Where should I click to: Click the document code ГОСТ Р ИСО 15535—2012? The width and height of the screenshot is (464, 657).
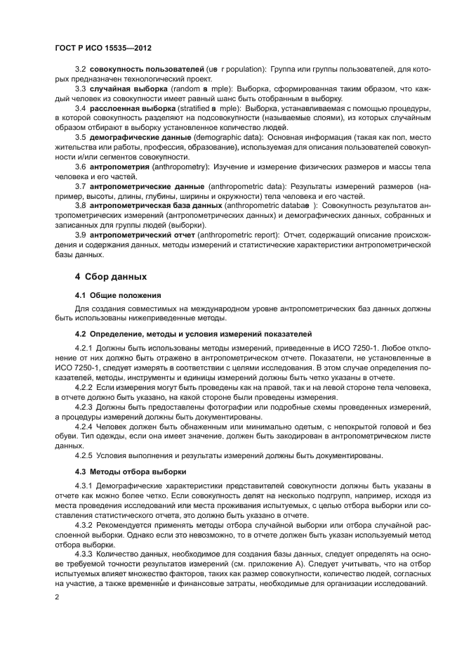[x=103, y=48]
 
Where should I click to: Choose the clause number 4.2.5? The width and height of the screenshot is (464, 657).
[x=84, y=455]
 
